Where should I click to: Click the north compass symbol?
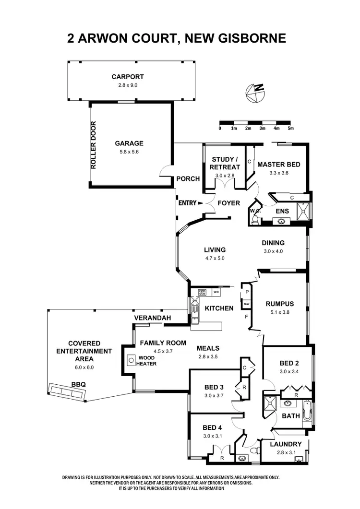pos(254,93)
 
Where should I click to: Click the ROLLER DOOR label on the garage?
pos(94,145)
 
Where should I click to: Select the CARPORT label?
pos(128,77)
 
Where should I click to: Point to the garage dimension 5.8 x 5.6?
pos(129,152)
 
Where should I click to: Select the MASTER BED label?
pos(279,165)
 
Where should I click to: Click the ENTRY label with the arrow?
pos(188,203)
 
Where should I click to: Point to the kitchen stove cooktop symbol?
pos(199,292)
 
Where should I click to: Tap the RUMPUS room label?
pos(280,304)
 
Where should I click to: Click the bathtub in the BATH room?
pos(307,413)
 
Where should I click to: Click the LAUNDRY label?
pos(286,444)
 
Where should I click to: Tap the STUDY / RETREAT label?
pos(225,164)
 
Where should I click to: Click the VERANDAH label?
pos(151,318)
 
